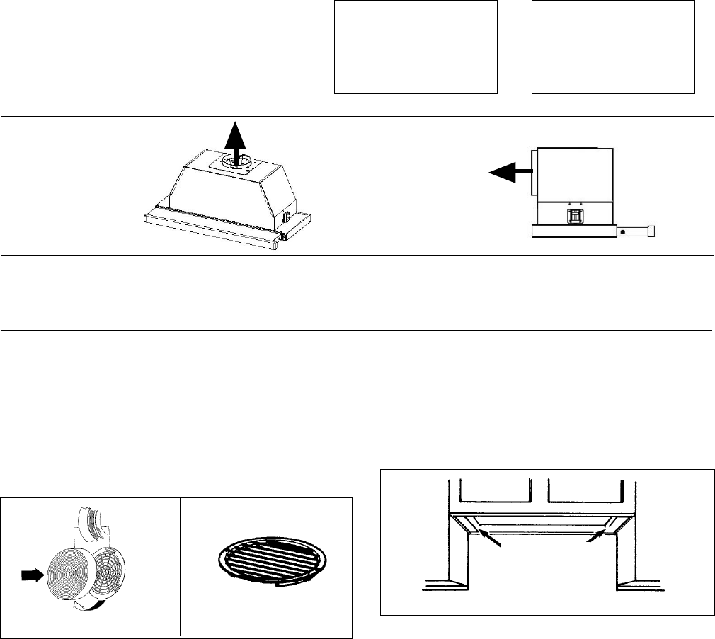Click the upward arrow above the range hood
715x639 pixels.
[x=238, y=139]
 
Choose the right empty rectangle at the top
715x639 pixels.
[x=613, y=47]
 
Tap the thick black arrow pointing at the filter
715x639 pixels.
[x=30, y=576]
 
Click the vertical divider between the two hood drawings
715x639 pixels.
[x=343, y=185]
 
